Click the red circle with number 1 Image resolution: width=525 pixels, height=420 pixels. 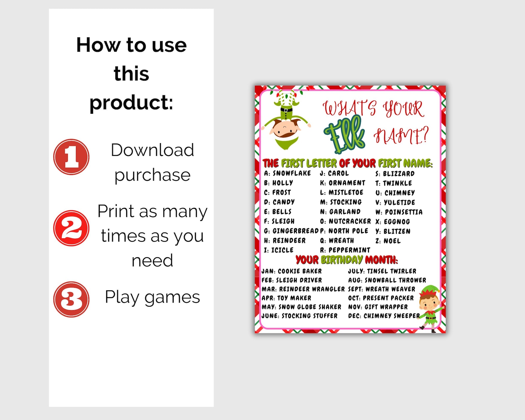[71, 157]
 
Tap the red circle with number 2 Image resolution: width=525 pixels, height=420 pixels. [71, 228]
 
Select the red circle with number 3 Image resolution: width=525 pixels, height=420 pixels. [71, 299]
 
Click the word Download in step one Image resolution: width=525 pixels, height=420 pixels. [152, 150]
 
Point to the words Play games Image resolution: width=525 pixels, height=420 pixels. [152, 297]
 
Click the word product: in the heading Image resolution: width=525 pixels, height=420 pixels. [131, 102]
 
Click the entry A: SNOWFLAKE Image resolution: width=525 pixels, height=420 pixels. [287, 173]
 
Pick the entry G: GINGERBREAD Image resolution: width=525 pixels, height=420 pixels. [291, 231]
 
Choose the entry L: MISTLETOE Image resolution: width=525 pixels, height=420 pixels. [342, 192]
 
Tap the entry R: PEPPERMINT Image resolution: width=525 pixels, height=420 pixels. [345, 250]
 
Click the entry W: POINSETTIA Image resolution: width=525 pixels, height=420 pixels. [399, 212]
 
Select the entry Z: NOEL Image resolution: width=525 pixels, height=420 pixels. [388, 241]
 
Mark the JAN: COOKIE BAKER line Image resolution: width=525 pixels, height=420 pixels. [292, 271]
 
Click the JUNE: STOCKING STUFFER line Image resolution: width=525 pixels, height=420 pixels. [300, 316]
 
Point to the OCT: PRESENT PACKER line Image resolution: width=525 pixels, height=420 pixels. [381, 298]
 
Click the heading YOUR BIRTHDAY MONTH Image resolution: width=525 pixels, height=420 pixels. [346, 260]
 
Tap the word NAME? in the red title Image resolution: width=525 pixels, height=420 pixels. [401, 135]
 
